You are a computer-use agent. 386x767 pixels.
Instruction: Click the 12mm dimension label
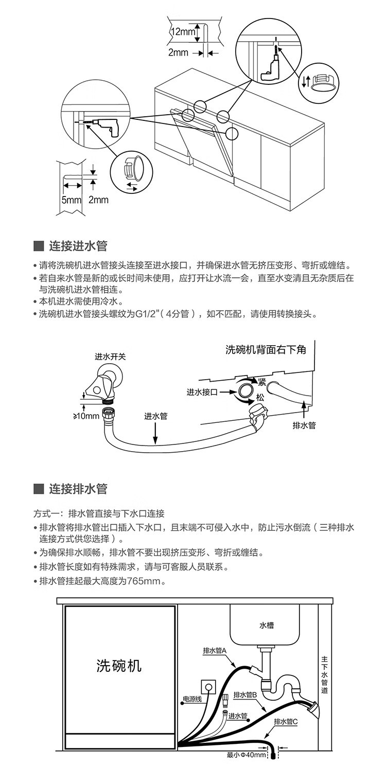click(x=183, y=32)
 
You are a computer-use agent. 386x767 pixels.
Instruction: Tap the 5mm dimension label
click(x=68, y=200)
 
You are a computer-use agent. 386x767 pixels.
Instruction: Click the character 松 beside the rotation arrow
click(x=261, y=398)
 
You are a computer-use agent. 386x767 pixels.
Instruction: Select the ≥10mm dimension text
click(x=85, y=416)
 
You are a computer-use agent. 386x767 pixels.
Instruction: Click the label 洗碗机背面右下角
click(x=266, y=350)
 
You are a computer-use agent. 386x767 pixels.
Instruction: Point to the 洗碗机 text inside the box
click(x=119, y=666)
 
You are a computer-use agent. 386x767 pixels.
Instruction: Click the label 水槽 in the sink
click(x=267, y=626)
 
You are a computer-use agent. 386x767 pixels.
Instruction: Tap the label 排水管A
click(x=215, y=651)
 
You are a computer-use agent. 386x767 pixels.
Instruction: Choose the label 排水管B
click(x=245, y=695)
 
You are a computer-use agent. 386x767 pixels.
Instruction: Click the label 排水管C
click(x=286, y=722)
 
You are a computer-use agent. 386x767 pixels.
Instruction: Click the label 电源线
click(x=192, y=700)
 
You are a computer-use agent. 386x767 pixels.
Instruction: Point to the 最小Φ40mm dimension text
click(x=246, y=755)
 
